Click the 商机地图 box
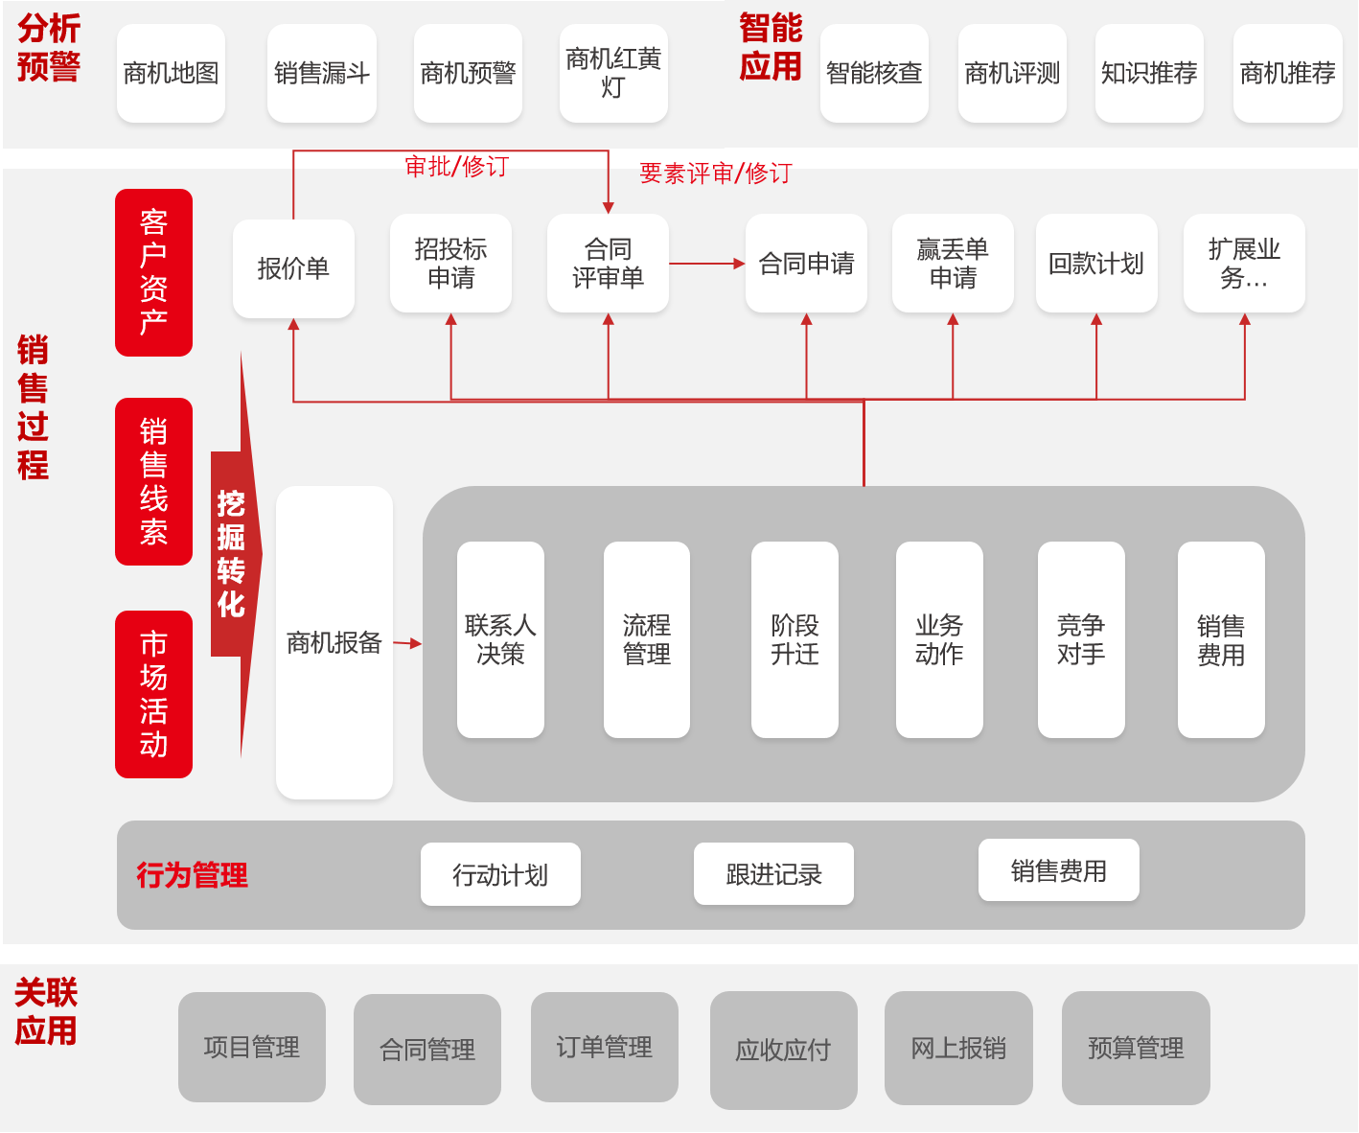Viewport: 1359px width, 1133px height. (171, 73)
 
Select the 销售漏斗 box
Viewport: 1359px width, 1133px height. (321, 73)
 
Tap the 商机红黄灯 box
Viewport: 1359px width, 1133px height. (613, 73)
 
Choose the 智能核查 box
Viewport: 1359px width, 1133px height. (874, 73)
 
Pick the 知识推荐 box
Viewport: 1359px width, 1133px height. (1149, 73)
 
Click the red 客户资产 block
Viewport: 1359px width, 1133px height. (153, 272)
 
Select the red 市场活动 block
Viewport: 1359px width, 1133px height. (153, 694)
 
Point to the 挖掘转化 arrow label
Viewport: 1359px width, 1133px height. (231, 554)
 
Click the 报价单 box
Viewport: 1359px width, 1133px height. (293, 268)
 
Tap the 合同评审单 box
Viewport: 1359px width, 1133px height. (608, 264)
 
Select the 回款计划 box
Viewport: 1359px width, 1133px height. (1096, 264)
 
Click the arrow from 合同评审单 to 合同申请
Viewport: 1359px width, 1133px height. (706, 264)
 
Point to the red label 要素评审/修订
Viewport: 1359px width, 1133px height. (715, 173)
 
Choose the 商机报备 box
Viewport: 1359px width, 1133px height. (334, 642)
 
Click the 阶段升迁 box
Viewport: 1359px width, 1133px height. (795, 639)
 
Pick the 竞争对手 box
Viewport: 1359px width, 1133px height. (1081, 639)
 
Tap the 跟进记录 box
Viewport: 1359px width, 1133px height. (773, 874)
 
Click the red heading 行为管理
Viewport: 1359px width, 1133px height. (192, 875)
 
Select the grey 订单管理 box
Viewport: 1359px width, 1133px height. (604, 1047)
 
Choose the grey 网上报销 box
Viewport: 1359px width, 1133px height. (958, 1048)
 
